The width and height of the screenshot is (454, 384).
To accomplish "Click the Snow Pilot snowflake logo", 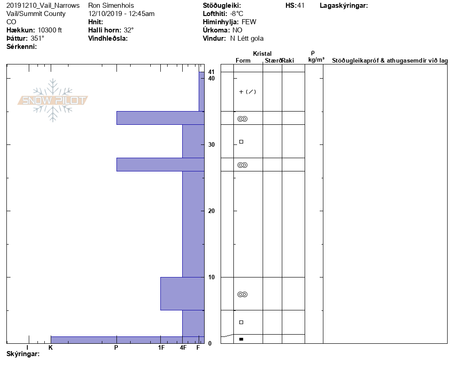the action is click(53, 100).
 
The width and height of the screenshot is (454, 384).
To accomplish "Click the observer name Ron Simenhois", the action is click(111, 5).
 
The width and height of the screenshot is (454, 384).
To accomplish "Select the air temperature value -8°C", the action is click(237, 14).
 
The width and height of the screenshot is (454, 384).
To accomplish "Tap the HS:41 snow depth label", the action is click(295, 5).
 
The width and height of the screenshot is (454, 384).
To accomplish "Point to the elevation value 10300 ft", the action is click(49, 30).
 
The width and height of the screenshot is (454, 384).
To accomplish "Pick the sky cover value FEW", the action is click(249, 22).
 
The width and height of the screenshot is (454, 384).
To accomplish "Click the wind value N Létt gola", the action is click(247, 38).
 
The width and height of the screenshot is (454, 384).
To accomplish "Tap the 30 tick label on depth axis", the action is click(211, 144).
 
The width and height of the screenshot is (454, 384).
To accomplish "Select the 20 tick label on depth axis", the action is click(211, 211).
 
